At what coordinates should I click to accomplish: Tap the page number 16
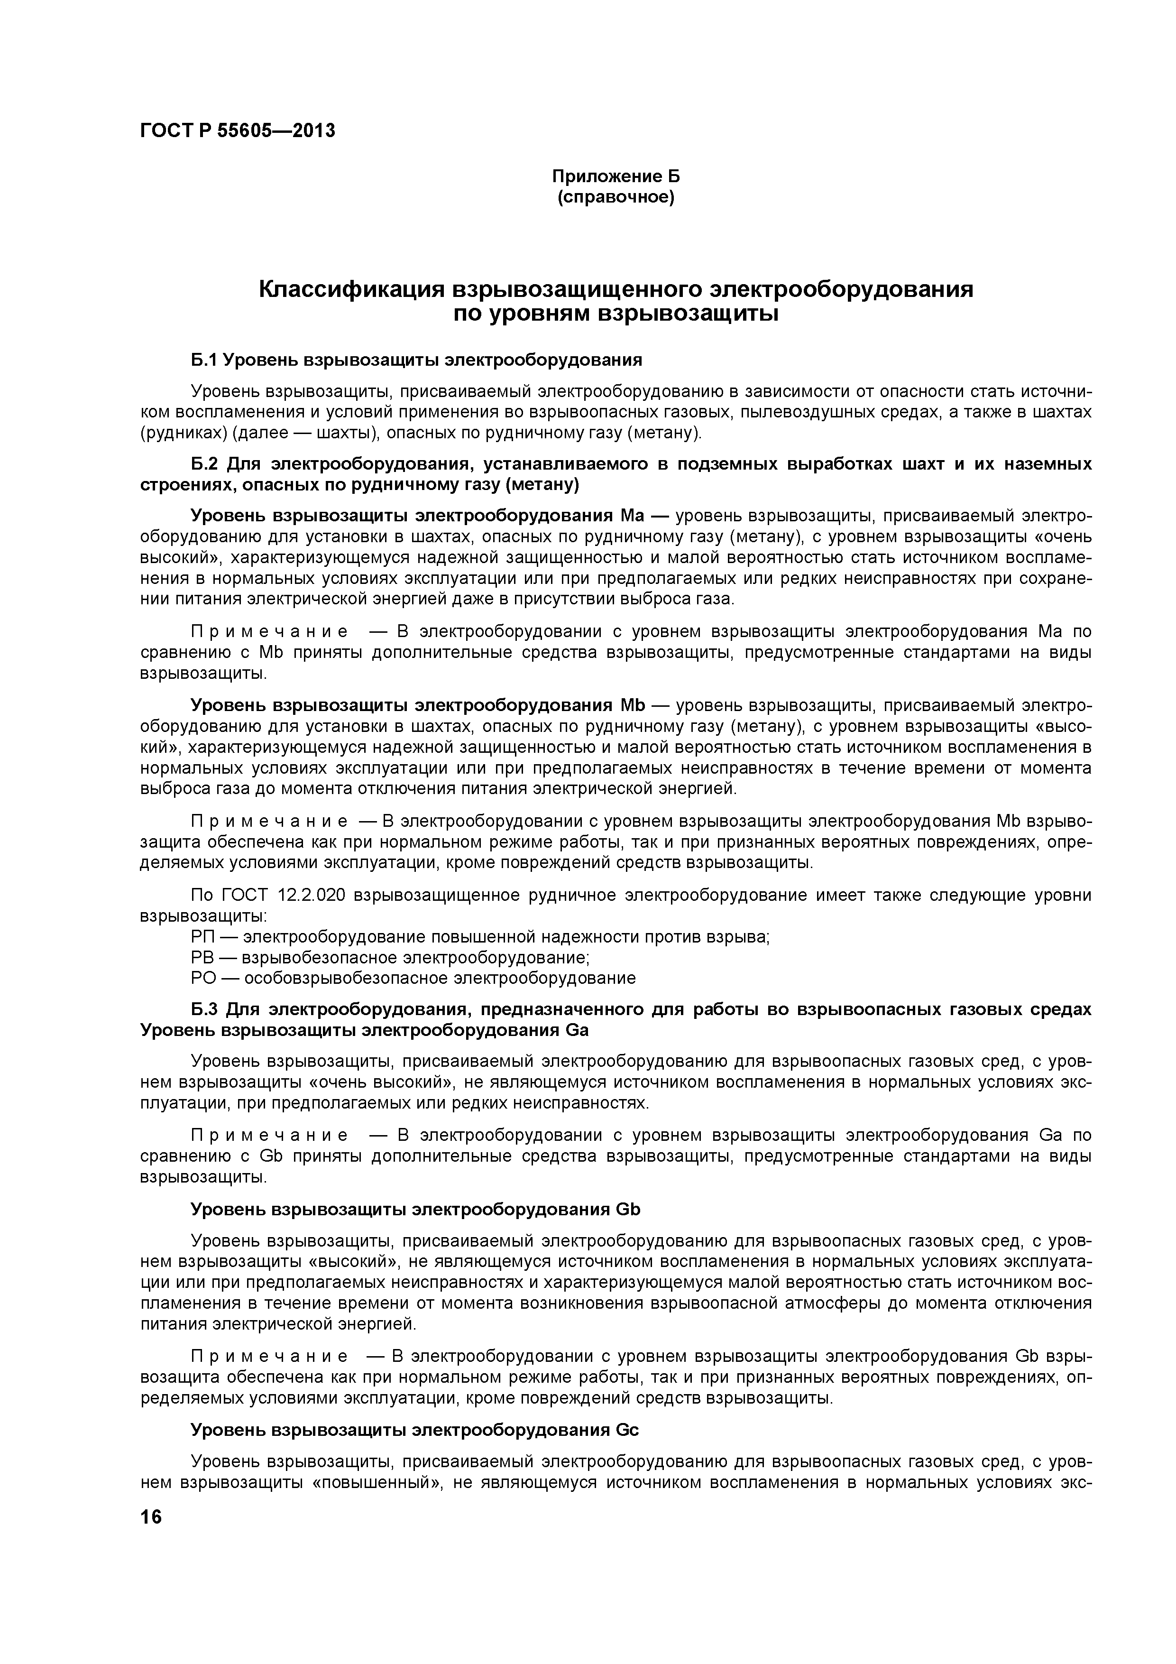tap(151, 1517)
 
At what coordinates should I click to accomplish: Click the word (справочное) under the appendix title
tap(616, 197)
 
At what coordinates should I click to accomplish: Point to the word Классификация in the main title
tap(351, 289)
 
